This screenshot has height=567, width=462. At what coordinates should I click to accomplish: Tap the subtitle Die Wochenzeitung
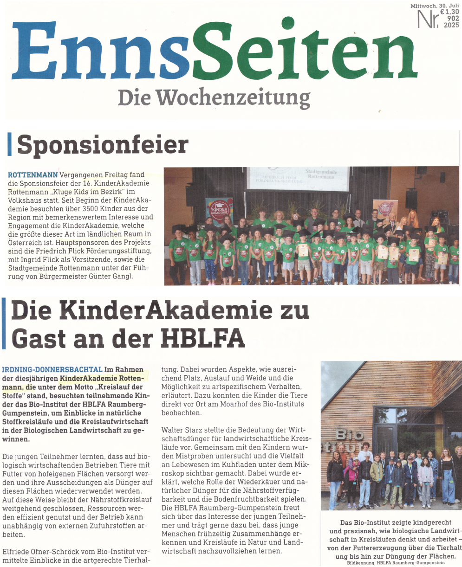coord(214,98)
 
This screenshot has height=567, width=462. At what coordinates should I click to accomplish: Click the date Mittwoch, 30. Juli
coord(431,5)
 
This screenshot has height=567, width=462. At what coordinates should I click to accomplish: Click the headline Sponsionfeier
coord(103,145)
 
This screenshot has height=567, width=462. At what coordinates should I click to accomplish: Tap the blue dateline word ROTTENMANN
coord(33,175)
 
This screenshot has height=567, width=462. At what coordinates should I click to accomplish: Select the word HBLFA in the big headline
coord(202,338)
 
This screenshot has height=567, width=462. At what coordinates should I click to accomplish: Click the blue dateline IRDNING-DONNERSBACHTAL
coord(52,369)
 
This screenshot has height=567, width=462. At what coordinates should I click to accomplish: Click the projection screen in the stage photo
coord(297,179)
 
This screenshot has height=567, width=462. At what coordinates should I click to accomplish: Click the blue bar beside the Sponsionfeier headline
coord(9,144)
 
